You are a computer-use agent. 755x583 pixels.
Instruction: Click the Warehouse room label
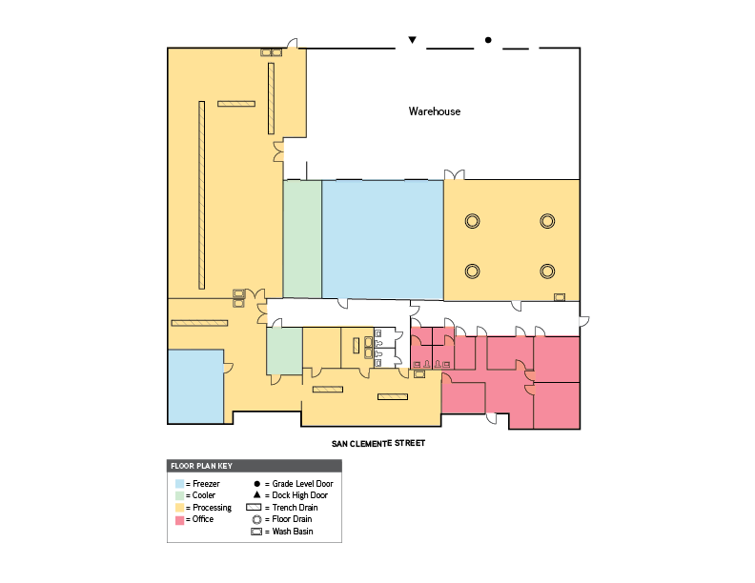435,111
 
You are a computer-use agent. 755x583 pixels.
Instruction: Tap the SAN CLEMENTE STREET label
377,443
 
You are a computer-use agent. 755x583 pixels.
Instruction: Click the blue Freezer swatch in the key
179,484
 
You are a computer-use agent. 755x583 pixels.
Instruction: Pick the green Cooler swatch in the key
179,495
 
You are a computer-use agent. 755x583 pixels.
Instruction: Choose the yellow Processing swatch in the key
179,508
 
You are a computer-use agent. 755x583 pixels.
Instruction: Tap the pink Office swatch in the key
179,519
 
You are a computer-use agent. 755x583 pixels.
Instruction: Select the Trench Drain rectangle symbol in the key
255,508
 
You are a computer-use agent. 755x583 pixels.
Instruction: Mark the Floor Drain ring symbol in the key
255,519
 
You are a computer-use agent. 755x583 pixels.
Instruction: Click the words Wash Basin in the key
297,532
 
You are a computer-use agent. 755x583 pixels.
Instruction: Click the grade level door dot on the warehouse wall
488,40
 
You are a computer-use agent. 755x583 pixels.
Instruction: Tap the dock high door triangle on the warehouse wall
412,40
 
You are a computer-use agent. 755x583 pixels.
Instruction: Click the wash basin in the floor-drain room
560,297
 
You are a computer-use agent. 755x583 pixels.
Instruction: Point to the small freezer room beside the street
195,385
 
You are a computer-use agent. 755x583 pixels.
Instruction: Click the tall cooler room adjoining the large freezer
302,238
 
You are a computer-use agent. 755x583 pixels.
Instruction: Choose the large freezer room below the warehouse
382,238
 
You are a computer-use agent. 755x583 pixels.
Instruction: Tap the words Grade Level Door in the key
302,484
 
